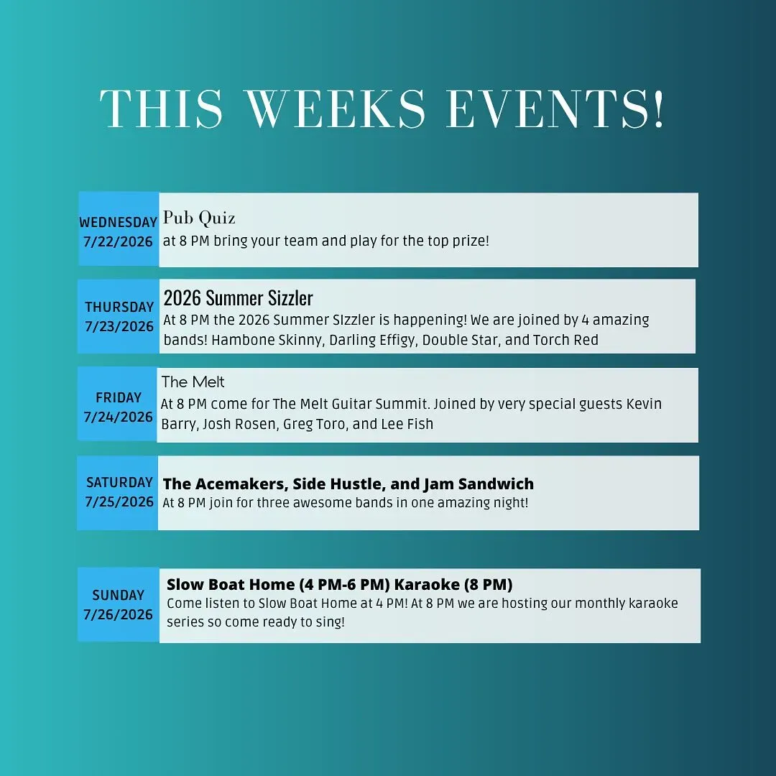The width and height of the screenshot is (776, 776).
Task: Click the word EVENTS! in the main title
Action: point(555,109)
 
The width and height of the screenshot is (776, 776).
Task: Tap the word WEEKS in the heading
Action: point(336,109)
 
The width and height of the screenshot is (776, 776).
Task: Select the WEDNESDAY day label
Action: point(119,222)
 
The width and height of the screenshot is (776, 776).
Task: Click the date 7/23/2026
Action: point(119,327)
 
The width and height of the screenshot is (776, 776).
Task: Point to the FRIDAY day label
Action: point(119,397)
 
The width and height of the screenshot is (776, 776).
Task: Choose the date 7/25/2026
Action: point(119,502)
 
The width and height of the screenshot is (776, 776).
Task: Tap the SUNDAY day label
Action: point(119,595)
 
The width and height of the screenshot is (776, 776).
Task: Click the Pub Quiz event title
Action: point(199,218)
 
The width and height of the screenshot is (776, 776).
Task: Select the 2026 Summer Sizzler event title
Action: point(238,298)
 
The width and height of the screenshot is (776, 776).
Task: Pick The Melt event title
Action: point(193,382)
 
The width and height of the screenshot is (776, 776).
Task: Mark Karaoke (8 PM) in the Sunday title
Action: point(453,584)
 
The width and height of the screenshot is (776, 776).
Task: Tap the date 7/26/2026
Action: point(119,614)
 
